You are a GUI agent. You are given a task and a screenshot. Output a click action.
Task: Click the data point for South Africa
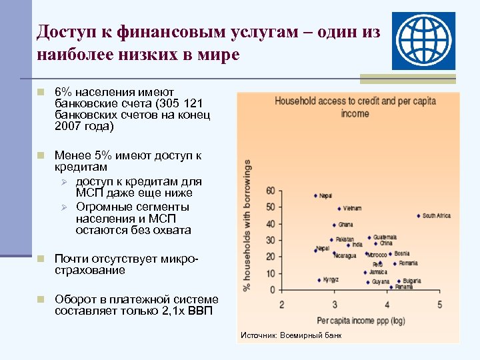tap(418, 215)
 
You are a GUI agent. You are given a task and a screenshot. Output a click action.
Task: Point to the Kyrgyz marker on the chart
tap(319, 280)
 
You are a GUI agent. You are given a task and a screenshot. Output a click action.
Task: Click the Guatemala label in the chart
tap(385, 237)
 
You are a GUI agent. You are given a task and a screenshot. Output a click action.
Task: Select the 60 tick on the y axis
tap(269, 191)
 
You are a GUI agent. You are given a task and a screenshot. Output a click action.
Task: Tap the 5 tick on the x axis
tap(440, 305)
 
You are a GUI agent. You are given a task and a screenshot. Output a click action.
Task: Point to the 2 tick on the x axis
tap(281, 305)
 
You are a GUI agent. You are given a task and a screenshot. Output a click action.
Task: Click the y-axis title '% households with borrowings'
tap(247, 225)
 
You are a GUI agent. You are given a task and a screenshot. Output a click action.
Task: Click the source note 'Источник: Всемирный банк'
tap(291, 335)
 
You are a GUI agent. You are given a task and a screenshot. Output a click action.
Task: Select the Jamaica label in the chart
tap(377, 272)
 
